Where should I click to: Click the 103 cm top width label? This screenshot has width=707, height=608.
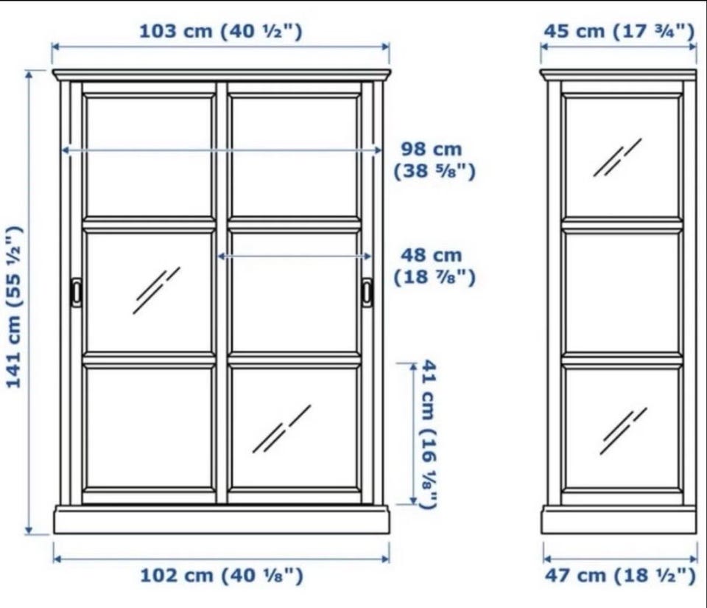(220, 31)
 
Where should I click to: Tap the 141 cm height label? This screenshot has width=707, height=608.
(14, 307)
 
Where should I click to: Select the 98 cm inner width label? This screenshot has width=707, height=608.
(435, 160)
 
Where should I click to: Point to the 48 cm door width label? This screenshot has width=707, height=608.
(435, 266)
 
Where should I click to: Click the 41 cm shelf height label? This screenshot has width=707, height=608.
(429, 434)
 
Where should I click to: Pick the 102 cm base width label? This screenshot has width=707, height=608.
(222, 576)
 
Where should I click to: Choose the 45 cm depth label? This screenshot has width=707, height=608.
(619, 31)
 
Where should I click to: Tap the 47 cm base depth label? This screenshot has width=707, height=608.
(620, 576)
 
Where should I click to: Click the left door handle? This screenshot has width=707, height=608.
(76, 292)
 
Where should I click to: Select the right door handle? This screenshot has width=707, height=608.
(367, 293)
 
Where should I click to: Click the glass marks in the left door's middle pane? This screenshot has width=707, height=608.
(156, 290)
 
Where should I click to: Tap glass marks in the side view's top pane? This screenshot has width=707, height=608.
(617, 158)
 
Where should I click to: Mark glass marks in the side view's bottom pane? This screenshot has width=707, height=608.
(623, 431)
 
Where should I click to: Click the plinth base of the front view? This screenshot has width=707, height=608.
(222, 519)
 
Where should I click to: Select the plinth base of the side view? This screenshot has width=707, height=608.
(619, 519)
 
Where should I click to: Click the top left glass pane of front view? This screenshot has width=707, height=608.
(149, 156)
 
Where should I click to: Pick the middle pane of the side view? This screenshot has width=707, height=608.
(622, 293)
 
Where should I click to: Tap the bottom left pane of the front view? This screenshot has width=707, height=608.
(149, 427)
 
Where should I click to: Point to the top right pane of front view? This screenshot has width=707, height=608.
(295, 156)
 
